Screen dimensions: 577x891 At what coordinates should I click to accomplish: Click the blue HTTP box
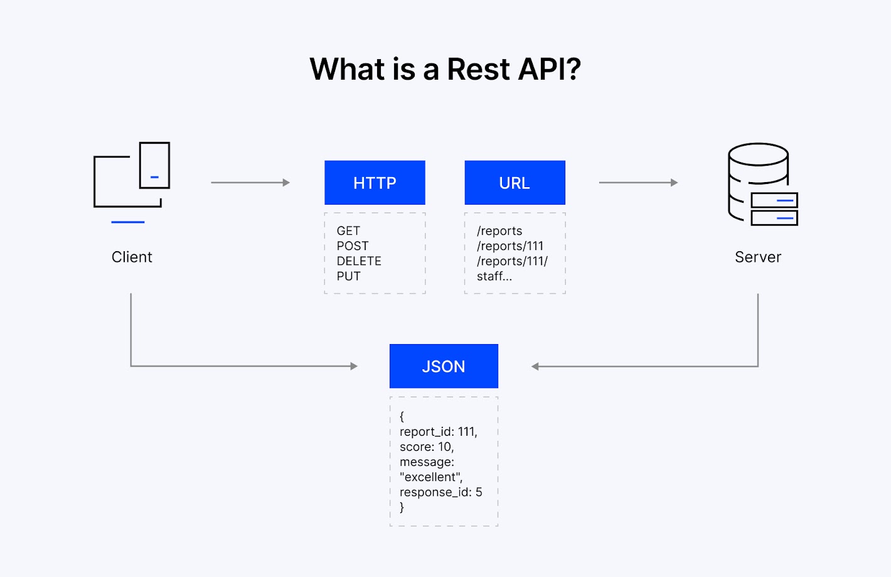coord(375,183)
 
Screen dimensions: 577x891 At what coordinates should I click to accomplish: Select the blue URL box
coord(515,183)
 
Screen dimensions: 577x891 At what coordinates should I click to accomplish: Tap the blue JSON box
coord(444,366)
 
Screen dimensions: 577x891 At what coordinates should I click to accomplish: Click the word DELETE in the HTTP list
coord(359,261)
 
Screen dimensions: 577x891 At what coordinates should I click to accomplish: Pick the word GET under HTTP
coord(348,231)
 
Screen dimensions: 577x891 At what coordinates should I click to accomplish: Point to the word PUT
coord(348,276)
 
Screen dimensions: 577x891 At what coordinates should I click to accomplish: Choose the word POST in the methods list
coord(353,246)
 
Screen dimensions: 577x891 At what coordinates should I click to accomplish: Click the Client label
coord(132,257)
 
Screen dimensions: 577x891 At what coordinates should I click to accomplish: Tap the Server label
coord(758,257)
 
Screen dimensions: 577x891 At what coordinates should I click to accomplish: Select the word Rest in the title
coord(478,69)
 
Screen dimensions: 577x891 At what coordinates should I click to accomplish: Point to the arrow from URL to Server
coord(638,183)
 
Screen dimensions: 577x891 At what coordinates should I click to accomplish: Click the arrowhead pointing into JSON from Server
coord(535,367)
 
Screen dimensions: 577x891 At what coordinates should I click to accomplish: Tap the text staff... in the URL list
coord(494,276)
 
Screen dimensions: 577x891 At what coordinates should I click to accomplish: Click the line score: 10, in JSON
coord(427,447)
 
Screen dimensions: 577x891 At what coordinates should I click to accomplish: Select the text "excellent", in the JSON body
coord(431,477)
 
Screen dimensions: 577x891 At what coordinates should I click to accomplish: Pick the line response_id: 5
coord(440,492)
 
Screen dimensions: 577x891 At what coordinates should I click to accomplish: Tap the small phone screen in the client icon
coord(154,164)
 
